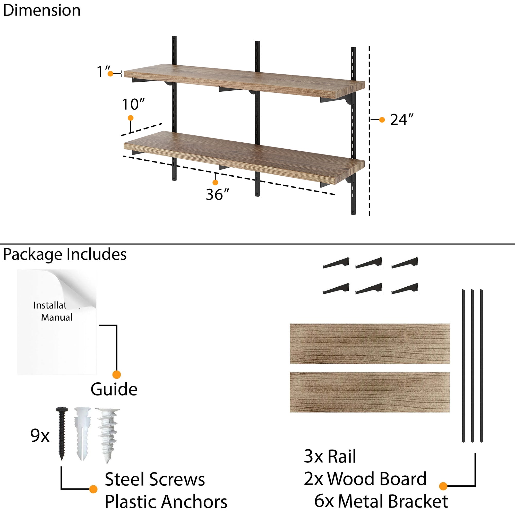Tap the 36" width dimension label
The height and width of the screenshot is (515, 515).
point(217,194)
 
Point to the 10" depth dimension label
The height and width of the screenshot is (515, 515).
point(133,104)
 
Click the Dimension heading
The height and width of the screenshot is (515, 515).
point(42,11)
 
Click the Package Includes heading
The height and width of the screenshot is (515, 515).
point(65,254)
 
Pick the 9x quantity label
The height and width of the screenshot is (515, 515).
point(40,436)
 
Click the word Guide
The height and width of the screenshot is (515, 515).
point(114,389)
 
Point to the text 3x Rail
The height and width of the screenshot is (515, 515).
point(330,456)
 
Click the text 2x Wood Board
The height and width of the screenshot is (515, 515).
point(365,479)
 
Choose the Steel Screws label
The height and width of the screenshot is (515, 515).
point(155,479)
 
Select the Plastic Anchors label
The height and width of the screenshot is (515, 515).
point(166,502)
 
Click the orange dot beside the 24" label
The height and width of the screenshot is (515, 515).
point(382,120)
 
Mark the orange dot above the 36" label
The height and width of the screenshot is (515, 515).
point(215,182)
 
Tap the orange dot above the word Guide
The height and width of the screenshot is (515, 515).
point(116,374)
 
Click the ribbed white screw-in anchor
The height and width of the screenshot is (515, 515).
point(108,435)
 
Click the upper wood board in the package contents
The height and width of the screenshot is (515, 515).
point(370,344)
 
